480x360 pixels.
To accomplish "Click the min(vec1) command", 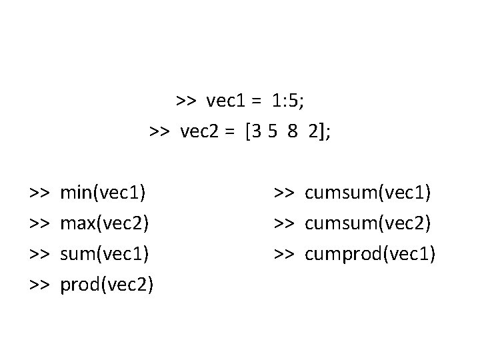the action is (x=103, y=193).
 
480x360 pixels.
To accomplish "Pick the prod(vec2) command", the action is (x=107, y=285).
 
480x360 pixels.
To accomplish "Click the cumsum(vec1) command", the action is (x=368, y=193).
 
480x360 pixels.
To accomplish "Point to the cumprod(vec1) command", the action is (x=370, y=254).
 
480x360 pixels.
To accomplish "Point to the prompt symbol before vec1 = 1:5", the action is (x=185, y=101).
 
